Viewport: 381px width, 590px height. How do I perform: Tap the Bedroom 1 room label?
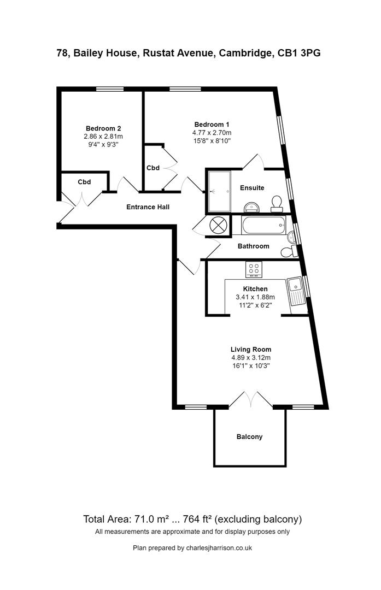click(x=212, y=124)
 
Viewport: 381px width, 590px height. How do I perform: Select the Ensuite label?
click(x=252, y=188)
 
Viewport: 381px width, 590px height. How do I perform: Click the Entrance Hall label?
click(x=148, y=207)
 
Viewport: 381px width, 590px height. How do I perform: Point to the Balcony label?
click(x=249, y=436)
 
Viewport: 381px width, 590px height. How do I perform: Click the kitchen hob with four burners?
click(x=254, y=269)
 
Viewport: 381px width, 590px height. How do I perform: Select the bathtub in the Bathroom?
click(x=263, y=225)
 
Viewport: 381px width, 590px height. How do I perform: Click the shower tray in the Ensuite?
click(x=219, y=191)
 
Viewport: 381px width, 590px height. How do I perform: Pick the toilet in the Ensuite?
click(x=277, y=203)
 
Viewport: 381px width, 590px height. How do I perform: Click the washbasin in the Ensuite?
click(x=252, y=206)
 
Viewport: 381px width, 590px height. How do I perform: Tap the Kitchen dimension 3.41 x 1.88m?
click(x=255, y=297)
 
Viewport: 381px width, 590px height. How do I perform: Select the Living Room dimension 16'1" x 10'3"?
click(x=251, y=366)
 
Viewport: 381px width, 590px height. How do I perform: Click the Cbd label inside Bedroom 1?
click(x=153, y=168)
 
